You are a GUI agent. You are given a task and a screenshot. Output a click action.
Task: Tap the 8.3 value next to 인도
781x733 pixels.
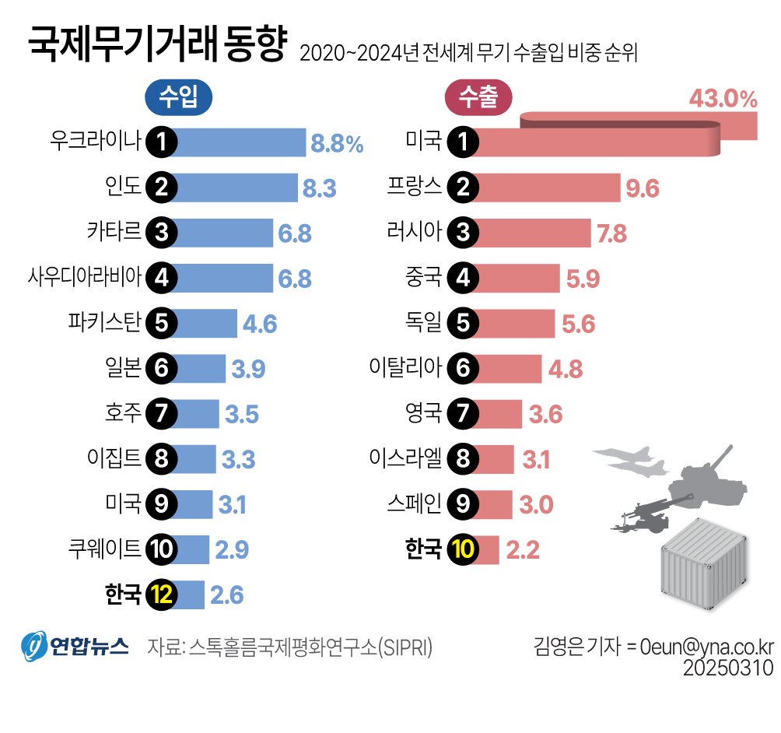[x=319, y=188]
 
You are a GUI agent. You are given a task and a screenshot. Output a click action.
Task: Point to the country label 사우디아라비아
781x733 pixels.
[x=84, y=277]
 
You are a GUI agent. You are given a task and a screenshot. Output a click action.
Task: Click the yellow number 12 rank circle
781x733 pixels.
[x=163, y=595]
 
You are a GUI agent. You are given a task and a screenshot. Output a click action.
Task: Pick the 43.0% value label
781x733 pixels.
[x=723, y=99]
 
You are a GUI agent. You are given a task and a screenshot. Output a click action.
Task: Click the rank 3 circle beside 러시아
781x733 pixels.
[x=463, y=232]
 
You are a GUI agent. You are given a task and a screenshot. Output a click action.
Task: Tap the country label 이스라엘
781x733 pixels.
[x=405, y=458]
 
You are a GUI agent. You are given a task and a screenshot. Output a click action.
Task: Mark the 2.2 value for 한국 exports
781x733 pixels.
[x=523, y=550]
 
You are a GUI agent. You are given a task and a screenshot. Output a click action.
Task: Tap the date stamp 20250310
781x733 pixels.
[x=728, y=668]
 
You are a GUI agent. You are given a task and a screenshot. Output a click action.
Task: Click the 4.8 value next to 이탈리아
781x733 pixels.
[x=566, y=368]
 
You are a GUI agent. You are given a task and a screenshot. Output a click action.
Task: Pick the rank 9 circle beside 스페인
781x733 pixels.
[x=463, y=504]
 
